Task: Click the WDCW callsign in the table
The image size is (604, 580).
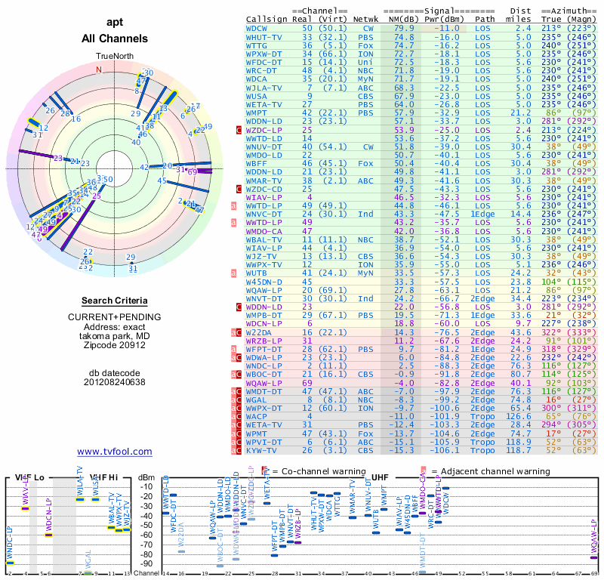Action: [257, 27]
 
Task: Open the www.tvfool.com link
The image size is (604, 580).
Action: [115, 452]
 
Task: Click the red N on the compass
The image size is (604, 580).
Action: [97, 70]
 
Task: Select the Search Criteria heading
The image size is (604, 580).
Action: [115, 300]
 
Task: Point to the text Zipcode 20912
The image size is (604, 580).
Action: [115, 345]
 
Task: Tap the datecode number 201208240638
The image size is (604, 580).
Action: [115, 381]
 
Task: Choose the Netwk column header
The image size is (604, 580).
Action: [365, 19]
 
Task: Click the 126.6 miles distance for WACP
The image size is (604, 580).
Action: [517, 416]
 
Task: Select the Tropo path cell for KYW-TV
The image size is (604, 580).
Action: [485, 450]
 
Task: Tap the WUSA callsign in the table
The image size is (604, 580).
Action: [257, 96]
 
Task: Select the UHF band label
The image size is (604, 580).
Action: [380, 478]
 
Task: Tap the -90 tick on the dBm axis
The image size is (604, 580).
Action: [146, 563]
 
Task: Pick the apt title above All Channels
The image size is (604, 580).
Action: [115, 23]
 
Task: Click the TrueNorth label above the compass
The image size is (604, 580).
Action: [115, 57]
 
